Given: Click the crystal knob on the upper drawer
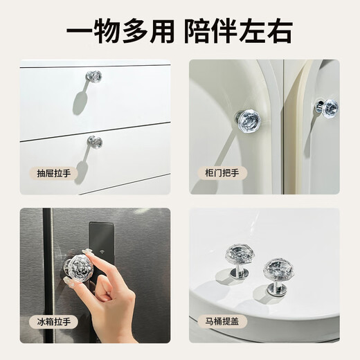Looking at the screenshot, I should (x=94, y=76).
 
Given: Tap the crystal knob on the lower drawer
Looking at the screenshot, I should (x=95, y=142).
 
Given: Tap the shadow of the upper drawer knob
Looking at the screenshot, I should (x=80, y=100).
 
